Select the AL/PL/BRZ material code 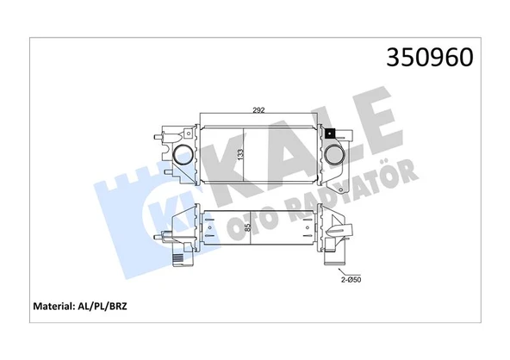point(112,306)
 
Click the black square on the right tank point(329,133)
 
